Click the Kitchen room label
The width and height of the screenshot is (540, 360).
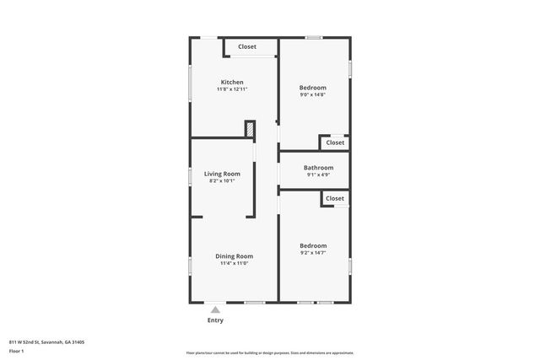point(232,82)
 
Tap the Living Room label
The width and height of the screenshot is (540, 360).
point(222,174)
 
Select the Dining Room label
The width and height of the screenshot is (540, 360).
point(234,255)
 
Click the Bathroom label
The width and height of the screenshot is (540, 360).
point(318,168)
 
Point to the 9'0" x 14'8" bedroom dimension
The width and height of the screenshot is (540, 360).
point(313,94)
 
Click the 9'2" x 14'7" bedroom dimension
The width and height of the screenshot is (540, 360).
point(313,253)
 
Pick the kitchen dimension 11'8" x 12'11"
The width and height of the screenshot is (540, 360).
point(232,89)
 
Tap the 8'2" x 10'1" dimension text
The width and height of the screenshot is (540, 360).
point(222,180)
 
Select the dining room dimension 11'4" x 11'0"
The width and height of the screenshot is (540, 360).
point(234,263)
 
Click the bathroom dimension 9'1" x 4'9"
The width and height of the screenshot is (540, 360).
point(318,175)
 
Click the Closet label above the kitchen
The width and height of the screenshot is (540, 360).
point(247,46)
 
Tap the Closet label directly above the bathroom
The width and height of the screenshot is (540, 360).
point(335,142)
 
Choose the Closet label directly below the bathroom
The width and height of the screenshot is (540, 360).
point(335,198)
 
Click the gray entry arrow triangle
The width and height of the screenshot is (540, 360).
point(215,310)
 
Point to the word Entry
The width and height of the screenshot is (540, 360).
point(215,320)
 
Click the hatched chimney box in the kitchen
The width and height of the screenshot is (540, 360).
point(250,129)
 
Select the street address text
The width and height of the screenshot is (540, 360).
point(47,342)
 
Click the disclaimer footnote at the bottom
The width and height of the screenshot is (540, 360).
point(269,353)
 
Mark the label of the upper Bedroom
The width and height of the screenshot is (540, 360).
point(313,87)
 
